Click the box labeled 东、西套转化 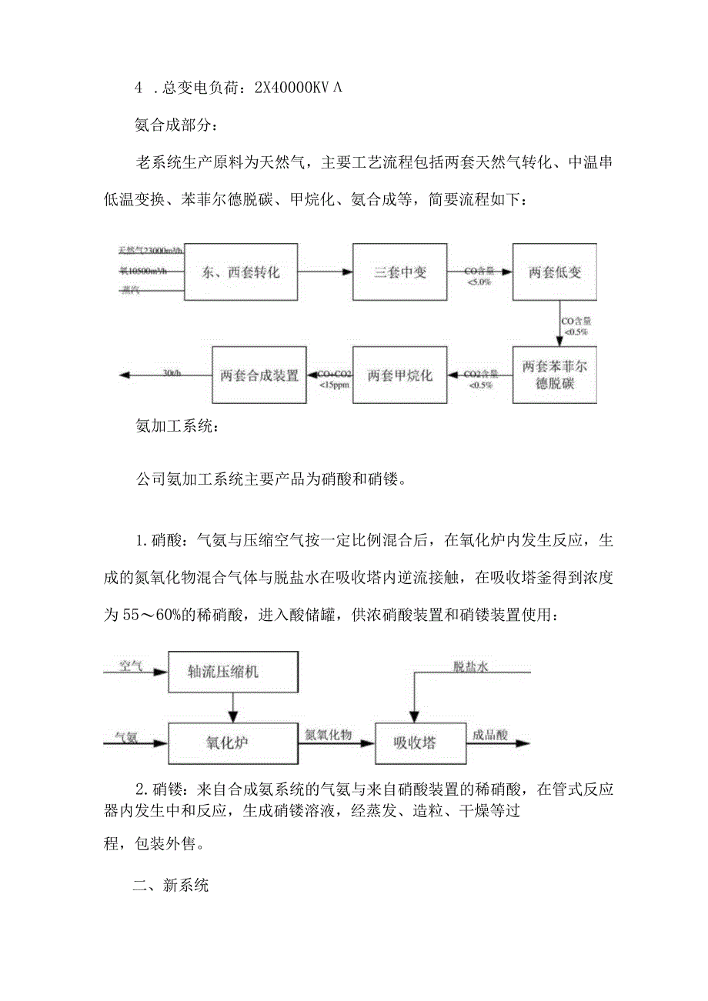pyautogui.click(x=240, y=272)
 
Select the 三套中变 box pyautogui.click(x=399, y=272)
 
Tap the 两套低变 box pyautogui.click(x=555, y=272)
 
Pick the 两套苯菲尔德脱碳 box pyautogui.click(x=554, y=374)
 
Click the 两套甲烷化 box pyautogui.click(x=399, y=375)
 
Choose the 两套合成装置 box pyautogui.click(x=259, y=375)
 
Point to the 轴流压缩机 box pyautogui.click(x=232, y=671)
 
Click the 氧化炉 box pyautogui.click(x=232, y=742)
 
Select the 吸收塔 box pyautogui.click(x=416, y=742)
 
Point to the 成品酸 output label pyautogui.click(x=490, y=735)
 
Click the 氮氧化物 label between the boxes pyautogui.click(x=329, y=735)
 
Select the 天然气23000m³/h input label pyautogui.click(x=151, y=250)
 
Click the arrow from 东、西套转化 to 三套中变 pyautogui.click(x=325, y=272)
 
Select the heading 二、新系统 pyautogui.click(x=170, y=886)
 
